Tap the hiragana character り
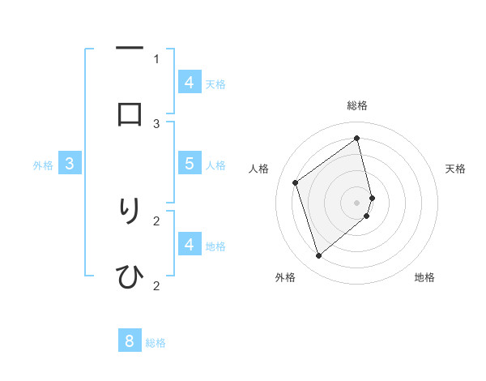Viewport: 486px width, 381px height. (130, 211)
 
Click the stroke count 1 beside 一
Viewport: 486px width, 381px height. (156, 58)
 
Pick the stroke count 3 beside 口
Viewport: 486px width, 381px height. (156, 123)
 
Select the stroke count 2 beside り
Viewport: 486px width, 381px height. (156, 220)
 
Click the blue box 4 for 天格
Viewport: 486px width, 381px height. (189, 82)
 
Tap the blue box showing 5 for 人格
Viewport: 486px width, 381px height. (189, 163)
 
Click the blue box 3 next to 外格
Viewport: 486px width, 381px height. (70, 164)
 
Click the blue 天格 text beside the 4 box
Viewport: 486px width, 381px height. (215, 83)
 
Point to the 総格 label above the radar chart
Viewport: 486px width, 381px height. (357, 105)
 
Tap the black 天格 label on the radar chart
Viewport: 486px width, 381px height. (455, 169)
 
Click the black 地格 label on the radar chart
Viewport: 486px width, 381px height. (424, 277)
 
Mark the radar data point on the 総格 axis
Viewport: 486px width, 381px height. (357, 138)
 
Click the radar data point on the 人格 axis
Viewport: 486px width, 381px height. (296, 182)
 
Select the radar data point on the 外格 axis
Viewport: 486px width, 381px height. (318, 256)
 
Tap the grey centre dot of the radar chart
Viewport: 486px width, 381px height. (357, 202)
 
